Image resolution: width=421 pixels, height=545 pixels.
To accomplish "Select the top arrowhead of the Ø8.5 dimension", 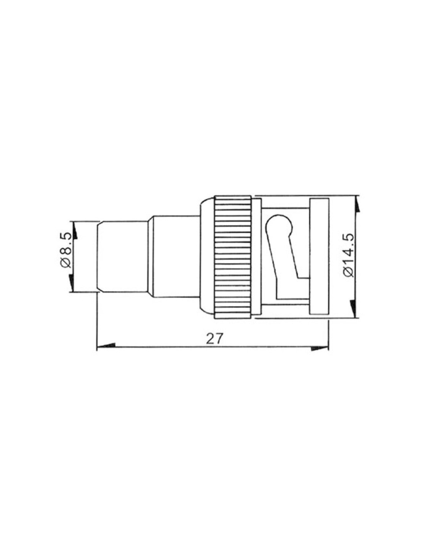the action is point(75,231).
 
